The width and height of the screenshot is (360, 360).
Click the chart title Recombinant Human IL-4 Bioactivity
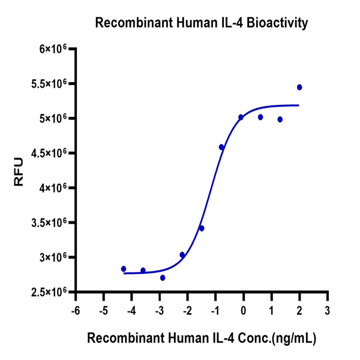point(202,23)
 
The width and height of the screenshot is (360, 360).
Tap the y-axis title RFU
point(19,170)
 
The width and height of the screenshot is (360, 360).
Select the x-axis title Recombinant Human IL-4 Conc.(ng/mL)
point(202,338)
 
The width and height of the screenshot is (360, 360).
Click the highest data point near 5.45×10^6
point(299,87)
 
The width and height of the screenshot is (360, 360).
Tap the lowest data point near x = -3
point(163,278)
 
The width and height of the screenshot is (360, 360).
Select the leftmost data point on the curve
point(124,269)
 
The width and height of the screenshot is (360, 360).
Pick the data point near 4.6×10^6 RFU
point(221,147)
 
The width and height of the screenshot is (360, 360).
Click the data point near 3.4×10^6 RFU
point(202,228)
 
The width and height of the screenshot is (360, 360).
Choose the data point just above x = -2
point(182,255)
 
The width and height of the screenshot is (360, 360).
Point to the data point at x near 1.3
point(280,119)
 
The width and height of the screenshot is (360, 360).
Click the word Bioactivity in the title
point(277,23)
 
